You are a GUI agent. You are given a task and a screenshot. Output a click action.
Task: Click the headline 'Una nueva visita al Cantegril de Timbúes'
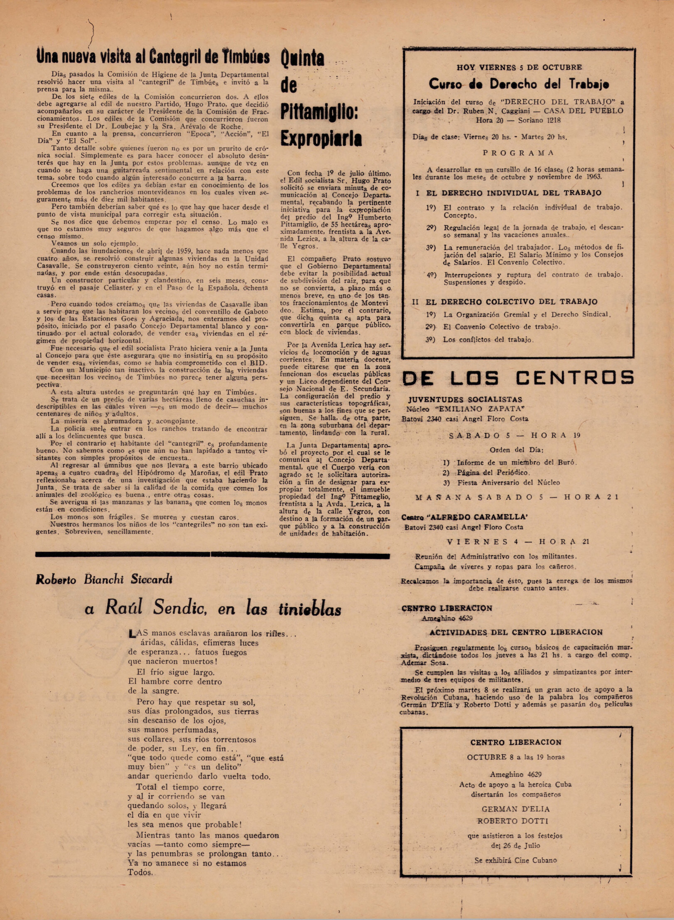[x=152, y=57]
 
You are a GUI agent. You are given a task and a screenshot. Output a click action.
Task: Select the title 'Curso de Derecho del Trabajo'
[x=519, y=84]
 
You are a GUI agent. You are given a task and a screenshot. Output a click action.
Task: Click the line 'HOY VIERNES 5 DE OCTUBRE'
[x=519, y=67]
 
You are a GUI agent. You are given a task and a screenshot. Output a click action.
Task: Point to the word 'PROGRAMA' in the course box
[x=518, y=153]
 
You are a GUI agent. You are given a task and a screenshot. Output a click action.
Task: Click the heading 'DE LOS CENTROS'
[x=518, y=378]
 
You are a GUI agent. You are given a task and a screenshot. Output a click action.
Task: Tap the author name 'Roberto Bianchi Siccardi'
[x=104, y=580]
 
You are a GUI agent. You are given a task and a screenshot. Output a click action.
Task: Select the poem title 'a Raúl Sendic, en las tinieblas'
[x=213, y=609]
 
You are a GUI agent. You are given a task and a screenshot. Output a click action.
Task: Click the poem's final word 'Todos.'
[x=140, y=872]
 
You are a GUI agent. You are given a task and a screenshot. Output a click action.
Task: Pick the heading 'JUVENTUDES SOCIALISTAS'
[x=465, y=399]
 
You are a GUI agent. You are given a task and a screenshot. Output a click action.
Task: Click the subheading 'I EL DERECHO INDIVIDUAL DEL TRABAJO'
[x=508, y=193]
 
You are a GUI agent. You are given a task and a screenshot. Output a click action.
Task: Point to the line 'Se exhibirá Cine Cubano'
[x=515, y=860]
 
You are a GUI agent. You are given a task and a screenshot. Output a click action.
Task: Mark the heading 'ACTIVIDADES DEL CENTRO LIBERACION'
[x=516, y=632]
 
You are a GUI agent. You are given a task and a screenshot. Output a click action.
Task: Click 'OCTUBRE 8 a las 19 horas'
[x=515, y=757]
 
